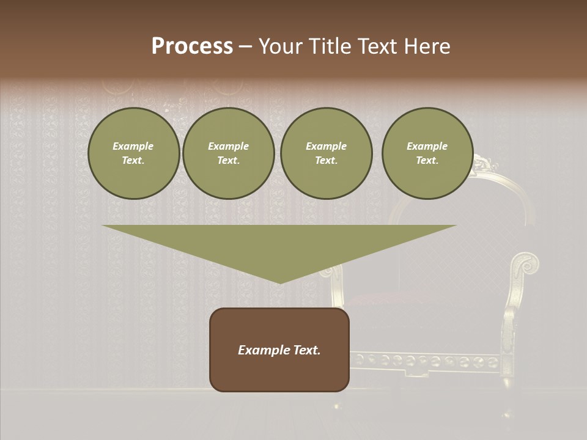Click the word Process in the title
tap(192, 46)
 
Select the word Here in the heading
tap(426, 46)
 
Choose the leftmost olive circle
tap(134, 153)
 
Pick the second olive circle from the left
tap(229, 153)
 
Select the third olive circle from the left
tap(327, 153)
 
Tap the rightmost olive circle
tap(427, 153)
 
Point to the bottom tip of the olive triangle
tap(280, 282)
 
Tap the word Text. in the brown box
tap(307, 350)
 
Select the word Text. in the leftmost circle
tap(134, 161)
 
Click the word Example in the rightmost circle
tap(427, 146)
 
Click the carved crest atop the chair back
tap(483, 163)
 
